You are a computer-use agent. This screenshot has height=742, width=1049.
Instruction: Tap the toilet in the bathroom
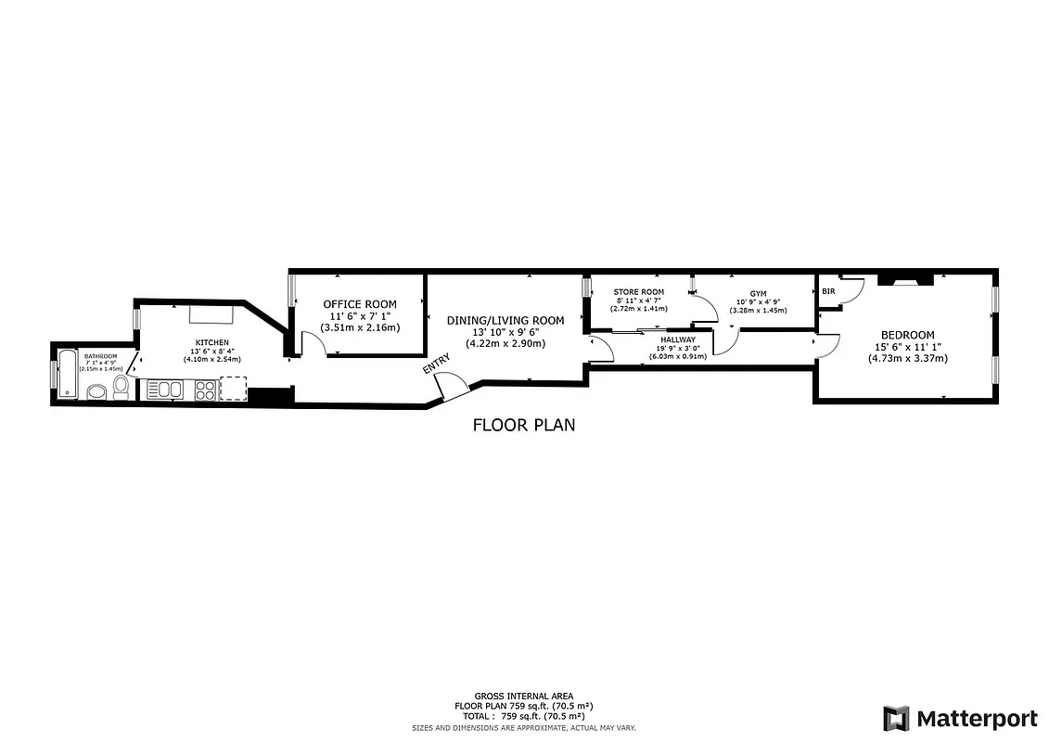point(121,387)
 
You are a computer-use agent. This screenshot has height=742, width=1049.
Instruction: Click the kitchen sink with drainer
point(165,390)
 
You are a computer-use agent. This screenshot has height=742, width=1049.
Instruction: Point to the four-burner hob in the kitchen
point(206,390)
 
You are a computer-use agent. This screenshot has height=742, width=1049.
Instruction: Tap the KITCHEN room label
point(211,342)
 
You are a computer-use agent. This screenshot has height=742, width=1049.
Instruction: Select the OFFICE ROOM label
point(359,304)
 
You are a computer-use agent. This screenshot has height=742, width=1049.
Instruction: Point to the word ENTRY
point(436,363)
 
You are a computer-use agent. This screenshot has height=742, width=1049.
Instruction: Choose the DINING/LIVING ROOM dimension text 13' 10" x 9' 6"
point(505,332)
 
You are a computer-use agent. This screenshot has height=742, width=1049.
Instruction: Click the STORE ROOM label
point(639,292)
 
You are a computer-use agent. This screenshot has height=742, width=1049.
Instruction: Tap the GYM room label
point(758,293)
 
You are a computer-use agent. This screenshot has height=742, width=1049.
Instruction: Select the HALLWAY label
point(677,339)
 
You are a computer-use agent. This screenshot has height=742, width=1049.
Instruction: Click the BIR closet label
point(827,291)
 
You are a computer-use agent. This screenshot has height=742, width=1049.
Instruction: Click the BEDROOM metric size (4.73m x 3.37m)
point(907,358)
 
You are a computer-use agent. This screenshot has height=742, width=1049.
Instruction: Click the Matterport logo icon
point(896,718)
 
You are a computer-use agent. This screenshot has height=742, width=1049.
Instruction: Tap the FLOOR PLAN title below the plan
point(524,426)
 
